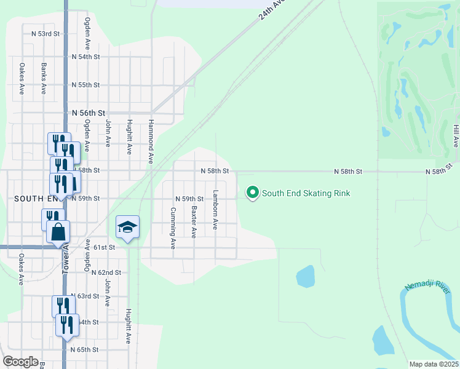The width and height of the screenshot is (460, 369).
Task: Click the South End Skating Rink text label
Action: [x=306, y=193]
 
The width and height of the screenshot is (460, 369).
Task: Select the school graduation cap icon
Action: [x=128, y=228]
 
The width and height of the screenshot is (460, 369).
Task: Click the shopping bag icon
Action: [x=58, y=232]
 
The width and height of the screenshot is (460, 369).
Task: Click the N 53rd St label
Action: [x=48, y=33]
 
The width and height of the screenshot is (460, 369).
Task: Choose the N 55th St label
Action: [x=85, y=85]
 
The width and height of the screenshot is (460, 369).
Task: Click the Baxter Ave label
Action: [x=194, y=222]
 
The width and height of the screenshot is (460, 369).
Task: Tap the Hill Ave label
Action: [x=456, y=135]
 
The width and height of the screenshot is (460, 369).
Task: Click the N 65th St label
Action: [x=84, y=349]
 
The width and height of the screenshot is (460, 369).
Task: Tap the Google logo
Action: [x=20, y=362]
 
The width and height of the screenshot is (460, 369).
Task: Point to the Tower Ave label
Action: [x=65, y=261]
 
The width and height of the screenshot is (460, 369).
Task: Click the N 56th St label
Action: [x=89, y=113]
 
